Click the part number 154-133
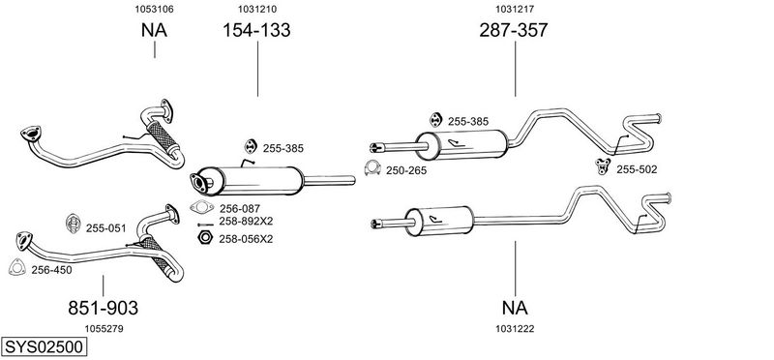pyautogui.click(x=256, y=30)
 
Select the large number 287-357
pyautogui.click(x=514, y=30)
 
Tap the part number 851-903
pyautogui.click(x=104, y=308)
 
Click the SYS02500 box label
pyautogui.click(x=44, y=346)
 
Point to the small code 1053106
pyautogui.click(x=155, y=9)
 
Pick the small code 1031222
pyautogui.click(x=515, y=329)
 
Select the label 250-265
pyautogui.click(x=406, y=171)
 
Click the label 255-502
pyautogui.click(x=637, y=170)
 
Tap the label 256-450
pyautogui.click(x=51, y=270)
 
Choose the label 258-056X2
pyautogui.click(x=246, y=239)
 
